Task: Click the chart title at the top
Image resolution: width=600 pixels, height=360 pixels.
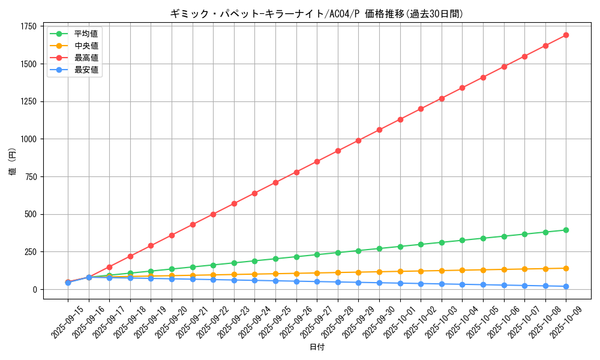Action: (x=317, y=14)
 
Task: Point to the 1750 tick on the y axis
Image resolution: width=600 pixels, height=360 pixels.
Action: (x=28, y=26)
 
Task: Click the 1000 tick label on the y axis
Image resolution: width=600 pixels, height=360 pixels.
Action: (x=28, y=139)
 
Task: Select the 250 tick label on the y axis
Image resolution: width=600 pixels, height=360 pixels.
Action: (x=31, y=252)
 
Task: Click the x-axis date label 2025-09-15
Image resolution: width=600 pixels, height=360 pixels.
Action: (x=60, y=321)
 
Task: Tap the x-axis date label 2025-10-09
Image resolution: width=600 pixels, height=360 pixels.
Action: (x=558, y=321)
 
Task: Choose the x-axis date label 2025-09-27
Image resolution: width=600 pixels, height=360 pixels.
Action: (x=309, y=321)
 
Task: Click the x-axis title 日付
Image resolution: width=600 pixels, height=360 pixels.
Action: (x=317, y=347)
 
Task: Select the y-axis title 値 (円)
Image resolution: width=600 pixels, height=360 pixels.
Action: (x=13, y=162)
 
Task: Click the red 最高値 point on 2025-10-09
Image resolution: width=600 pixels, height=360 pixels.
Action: (x=566, y=35)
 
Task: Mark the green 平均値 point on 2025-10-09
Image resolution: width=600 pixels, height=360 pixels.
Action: (x=566, y=230)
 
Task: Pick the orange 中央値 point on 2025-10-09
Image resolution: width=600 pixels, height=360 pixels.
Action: (x=566, y=268)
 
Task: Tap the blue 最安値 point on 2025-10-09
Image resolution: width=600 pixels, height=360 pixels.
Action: (x=566, y=286)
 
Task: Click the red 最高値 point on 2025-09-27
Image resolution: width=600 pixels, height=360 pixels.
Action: (x=317, y=161)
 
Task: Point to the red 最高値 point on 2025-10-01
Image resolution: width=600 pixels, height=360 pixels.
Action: (x=400, y=119)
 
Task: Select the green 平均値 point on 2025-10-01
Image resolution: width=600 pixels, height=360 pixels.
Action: (x=400, y=247)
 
